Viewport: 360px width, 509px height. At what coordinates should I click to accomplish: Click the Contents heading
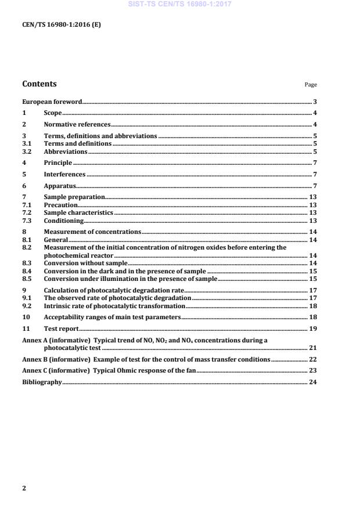(x=39, y=84)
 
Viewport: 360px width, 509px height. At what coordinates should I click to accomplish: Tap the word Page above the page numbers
(x=311, y=85)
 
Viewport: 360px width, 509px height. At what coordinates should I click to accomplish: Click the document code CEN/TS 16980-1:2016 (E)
(x=62, y=25)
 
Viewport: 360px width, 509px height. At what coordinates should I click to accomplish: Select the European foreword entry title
(x=52, y=102)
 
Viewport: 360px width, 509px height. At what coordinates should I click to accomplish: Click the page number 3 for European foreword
(x=315, y=102)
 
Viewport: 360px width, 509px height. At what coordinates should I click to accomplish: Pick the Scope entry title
(x=53, y=113)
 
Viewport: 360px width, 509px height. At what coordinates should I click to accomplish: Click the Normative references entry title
(x=77, y=124)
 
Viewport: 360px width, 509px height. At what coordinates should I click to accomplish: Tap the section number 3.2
(x=26, y=151)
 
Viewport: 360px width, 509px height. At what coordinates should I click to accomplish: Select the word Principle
(x=58, y=163)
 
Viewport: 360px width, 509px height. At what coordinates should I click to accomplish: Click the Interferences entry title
(x=65, y=174)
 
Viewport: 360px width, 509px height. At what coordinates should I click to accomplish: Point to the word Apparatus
(x=60, y=186)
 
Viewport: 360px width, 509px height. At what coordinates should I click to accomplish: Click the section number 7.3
(x=26, y=221)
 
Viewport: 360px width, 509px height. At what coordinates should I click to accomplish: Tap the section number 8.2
(x=26, y=247)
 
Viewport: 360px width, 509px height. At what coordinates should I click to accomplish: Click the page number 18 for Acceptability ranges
(x=312, y=317)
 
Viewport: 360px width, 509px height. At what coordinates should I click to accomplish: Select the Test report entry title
(x=62, y=328)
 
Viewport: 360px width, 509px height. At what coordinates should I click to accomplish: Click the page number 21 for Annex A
(x=312, y=348)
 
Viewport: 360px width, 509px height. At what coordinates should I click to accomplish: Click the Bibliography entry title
(x=42, y=382)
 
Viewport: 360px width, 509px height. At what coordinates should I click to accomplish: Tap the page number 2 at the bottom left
(x=24, y=488)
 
